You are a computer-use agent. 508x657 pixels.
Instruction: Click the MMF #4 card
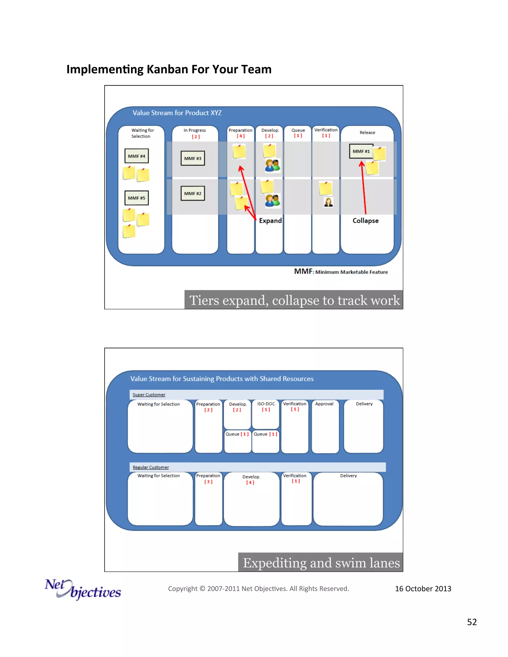136,156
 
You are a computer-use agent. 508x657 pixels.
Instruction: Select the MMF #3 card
192,158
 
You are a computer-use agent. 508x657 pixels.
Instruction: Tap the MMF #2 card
192,193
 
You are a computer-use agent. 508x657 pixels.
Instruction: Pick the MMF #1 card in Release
361,151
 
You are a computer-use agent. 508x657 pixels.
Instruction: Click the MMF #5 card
136,198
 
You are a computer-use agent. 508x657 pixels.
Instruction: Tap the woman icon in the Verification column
328,202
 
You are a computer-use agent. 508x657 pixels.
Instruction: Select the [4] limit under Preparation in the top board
240,136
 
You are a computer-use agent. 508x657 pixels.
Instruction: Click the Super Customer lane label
149,395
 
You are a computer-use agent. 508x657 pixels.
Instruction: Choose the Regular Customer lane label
151,467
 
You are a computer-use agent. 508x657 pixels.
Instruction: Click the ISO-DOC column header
266,404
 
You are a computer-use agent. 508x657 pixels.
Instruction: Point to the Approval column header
324,404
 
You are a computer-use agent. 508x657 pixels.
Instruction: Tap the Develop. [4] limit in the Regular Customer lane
250,482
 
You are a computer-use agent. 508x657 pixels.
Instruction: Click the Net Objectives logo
83,590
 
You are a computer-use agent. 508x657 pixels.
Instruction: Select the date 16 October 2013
423,589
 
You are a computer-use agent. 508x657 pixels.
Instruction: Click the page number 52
472,622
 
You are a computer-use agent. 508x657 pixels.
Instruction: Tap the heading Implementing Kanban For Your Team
169,69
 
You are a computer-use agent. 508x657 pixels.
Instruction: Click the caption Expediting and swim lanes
321,563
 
